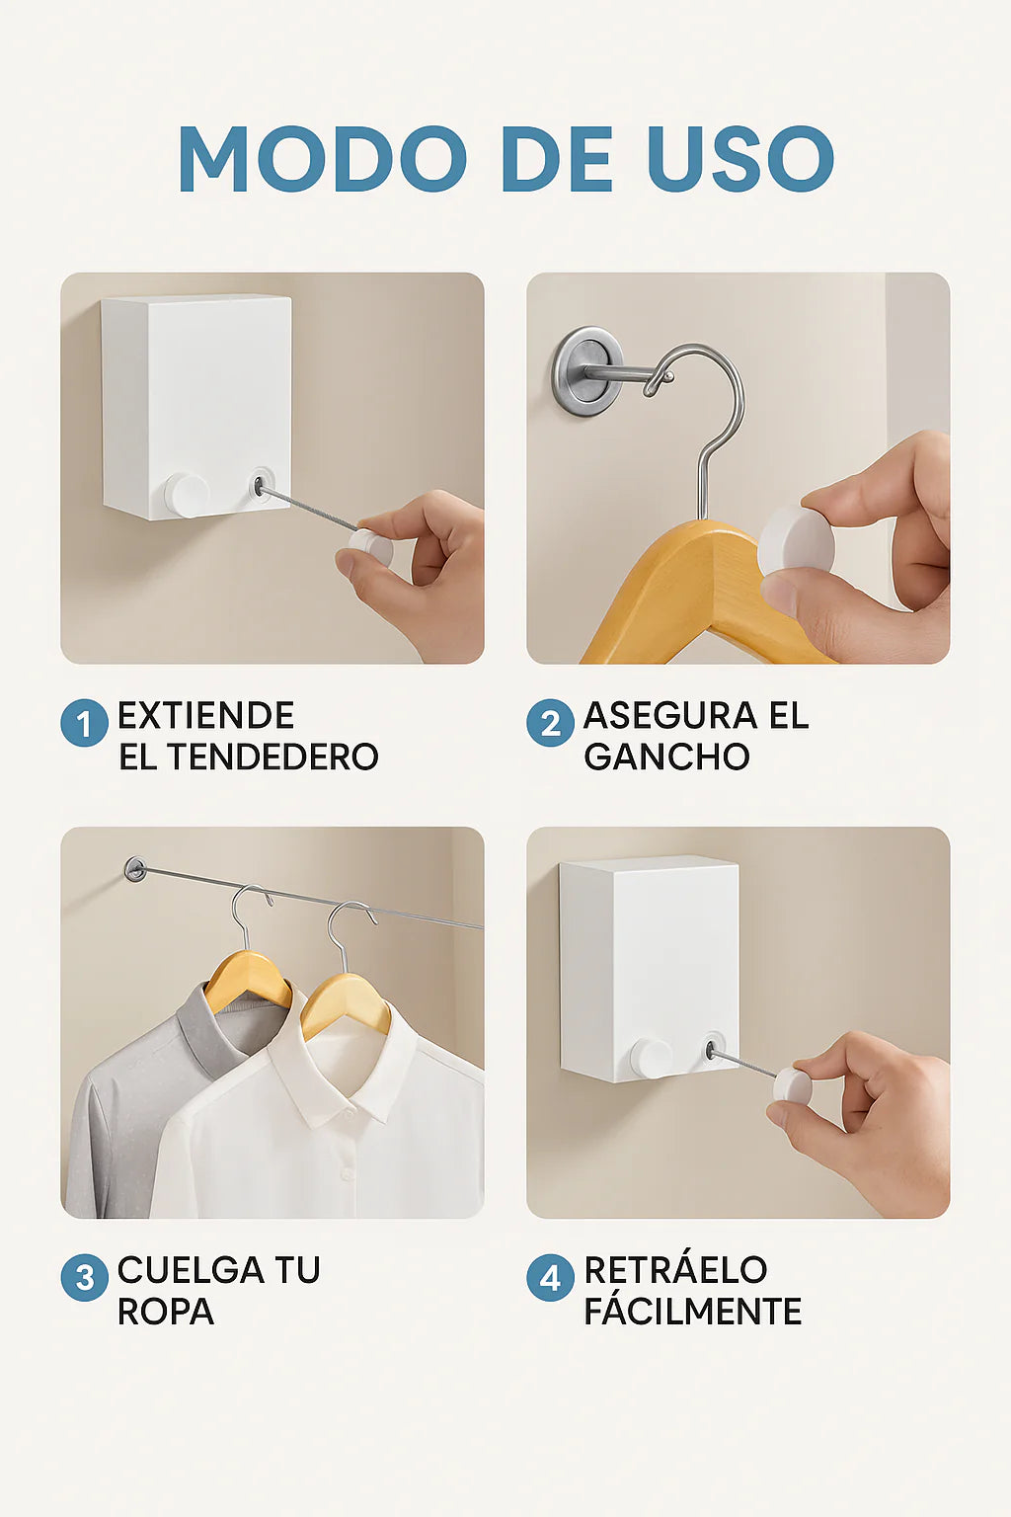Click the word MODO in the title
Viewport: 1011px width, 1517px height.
coord(322,158)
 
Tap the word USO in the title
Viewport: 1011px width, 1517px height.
coord(740,158)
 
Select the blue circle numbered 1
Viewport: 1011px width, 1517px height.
coord(84,723)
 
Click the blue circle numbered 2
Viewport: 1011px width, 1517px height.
coord(551,723)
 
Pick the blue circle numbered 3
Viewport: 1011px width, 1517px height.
coord(84,1277)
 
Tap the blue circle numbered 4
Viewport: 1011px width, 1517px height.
coord(551,1277)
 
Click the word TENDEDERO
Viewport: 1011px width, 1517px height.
coord(272,758)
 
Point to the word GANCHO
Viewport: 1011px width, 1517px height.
coord(667,758)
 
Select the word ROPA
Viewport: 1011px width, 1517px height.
coord(166,1312)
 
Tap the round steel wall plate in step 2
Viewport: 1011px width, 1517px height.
coord(586,371)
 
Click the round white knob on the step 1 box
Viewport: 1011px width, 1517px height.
coord(187,496)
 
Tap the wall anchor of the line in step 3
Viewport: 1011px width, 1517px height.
coord(135,869)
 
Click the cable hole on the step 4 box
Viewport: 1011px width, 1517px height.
coord(712,1049)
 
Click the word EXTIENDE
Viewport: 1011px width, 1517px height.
coord(206,716)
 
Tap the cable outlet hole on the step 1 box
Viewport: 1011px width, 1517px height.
coord(260,485)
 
